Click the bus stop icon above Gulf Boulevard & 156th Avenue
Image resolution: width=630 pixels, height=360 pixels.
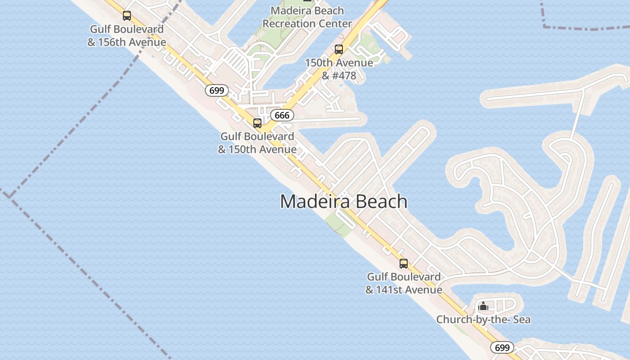point(127,16)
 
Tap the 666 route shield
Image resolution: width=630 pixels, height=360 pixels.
point(282,115)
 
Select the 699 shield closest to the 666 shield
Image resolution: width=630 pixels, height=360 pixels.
point(216,90)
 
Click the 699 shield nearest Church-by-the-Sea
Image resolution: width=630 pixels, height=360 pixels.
point(502,347)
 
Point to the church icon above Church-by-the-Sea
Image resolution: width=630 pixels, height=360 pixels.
point(483,306)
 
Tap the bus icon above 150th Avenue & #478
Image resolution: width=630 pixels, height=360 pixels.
point(339,49)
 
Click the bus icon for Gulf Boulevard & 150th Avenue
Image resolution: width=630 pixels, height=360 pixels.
point(257,123)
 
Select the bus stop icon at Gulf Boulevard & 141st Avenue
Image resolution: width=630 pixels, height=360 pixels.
point(404,264)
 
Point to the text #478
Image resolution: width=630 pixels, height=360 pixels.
point(345,76)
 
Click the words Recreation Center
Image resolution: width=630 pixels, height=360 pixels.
point(307,23)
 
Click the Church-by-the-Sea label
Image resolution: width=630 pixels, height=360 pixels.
point(483,319)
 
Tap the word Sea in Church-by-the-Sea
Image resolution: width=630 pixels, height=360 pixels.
point(522,319)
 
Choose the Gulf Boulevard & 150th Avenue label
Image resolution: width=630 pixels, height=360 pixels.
point(257,143)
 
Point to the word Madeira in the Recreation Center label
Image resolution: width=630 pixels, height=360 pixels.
point(288,10)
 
